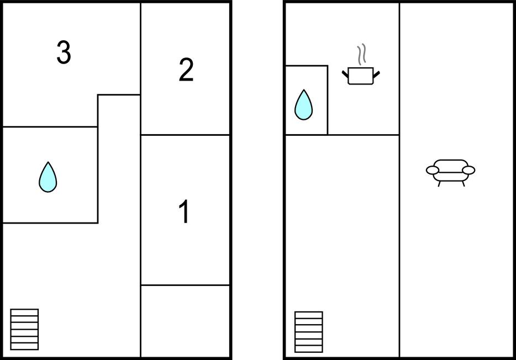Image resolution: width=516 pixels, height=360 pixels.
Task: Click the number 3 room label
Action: (64, 53)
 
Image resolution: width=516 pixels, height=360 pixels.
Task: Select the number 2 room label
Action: (186, 71)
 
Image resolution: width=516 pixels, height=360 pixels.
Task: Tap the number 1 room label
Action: (185, 212)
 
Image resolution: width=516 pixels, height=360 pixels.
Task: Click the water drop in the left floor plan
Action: (48, 177)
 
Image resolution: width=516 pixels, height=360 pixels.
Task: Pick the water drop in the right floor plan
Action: (303, 105)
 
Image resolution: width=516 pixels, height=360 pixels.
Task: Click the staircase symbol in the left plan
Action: (25, 329)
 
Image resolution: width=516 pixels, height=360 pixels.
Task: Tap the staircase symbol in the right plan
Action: (308, 331)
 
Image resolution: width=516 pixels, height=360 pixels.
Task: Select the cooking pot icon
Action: (361, 76)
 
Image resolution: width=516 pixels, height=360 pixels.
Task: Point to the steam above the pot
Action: (362, 55)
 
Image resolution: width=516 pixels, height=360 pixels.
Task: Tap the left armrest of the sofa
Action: (433, 170)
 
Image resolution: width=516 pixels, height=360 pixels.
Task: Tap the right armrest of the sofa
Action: (468, 170)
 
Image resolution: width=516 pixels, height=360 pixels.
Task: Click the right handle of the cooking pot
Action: (377, 74)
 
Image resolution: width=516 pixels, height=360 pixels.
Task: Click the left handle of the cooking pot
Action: (346, 74)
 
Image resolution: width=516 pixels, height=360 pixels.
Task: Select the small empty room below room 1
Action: (185, 320)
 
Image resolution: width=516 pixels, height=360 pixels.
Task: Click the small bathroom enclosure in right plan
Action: (306, 100)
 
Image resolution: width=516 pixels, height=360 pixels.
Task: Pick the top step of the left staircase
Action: (25, 313)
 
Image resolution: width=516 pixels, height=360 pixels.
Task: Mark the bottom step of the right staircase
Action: (308, 349)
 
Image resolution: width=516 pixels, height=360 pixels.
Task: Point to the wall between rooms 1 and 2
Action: (185, 135)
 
